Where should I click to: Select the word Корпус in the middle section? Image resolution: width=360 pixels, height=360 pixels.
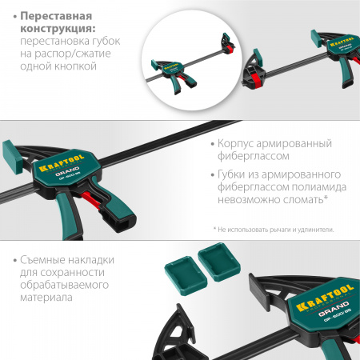point(239,144)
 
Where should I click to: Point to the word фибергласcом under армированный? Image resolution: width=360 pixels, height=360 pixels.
point(251,158)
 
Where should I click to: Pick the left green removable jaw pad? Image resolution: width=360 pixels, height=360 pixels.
point(181,263)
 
